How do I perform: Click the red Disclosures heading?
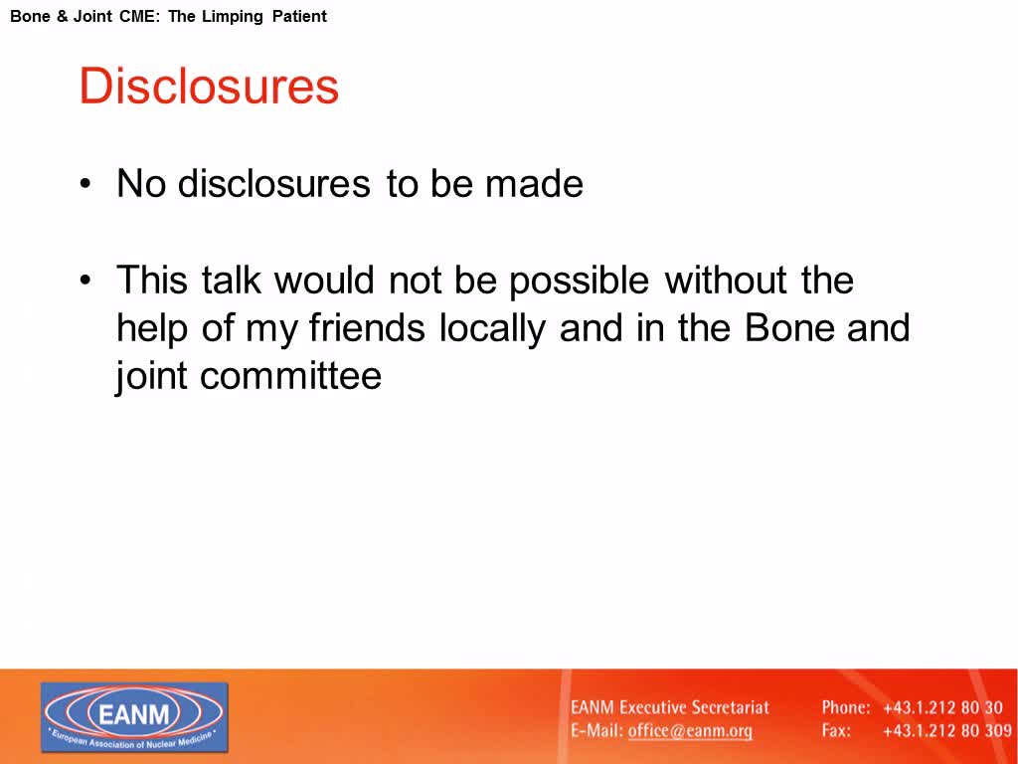pos(209,86)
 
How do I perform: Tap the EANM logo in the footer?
pos(134,717)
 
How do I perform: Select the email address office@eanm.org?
pos(690,731)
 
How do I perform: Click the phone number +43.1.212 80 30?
pos(942,707)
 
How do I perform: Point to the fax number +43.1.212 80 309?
pos(947,731)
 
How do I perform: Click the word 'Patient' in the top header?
pos(299,16)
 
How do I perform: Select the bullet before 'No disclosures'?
pos(85,184)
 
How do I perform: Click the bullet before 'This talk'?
pos(85,281)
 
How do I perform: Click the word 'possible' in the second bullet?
pos(579,282)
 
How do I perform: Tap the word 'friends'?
pos(367,327)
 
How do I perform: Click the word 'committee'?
pos(291,376)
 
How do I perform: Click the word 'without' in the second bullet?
pos(726,280)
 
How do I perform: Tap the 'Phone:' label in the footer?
pos(846,707)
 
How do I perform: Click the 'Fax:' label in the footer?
pos(836,731)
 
